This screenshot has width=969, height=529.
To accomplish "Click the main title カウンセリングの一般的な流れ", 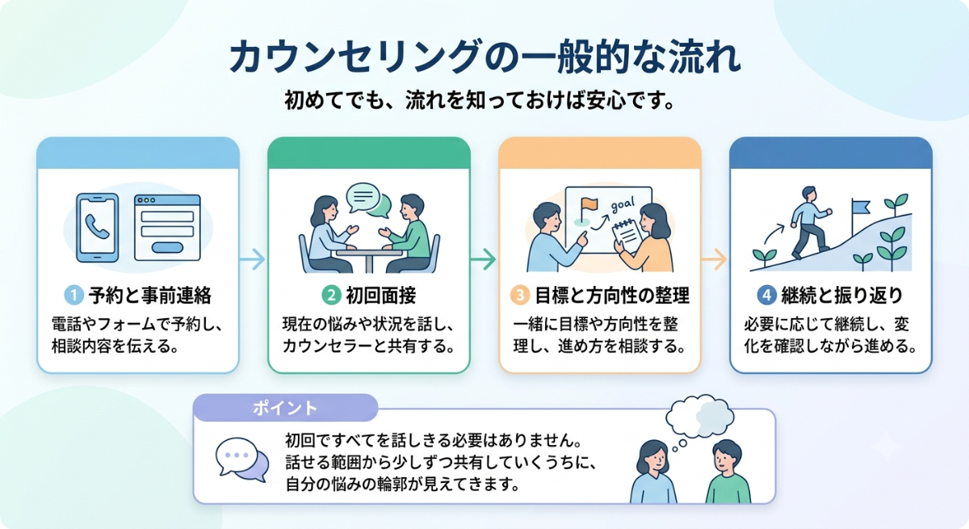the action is tap(484, 57).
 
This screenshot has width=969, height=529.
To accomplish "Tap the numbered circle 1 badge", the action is tap(73, 296).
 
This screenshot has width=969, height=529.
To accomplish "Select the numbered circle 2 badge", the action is tap(331, 296).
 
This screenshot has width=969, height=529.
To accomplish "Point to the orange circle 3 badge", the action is tap(519, 296).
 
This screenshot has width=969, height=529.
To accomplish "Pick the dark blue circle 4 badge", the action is tap(767, 296).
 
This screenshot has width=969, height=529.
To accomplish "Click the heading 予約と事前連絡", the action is tap(150, 296).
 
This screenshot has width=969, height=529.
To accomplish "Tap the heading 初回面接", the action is tap(380, 296).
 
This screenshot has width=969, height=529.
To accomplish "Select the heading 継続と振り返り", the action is tap(841, 296).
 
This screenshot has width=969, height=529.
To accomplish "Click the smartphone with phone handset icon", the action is tap(98, 228).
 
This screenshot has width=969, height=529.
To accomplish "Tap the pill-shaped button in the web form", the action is tap(167, 247).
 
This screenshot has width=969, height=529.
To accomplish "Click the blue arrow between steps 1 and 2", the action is tap(253, 259).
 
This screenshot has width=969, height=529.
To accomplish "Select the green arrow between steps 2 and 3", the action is tap(484, 259).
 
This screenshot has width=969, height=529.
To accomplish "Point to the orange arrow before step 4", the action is tap(714, 259).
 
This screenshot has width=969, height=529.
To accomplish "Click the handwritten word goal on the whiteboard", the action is tap(623, 204).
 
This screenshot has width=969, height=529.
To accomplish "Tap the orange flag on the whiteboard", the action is tap(589, 204).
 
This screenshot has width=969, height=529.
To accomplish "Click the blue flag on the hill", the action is tap(860, 208).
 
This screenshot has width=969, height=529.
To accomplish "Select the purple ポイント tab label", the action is tap(285, 408).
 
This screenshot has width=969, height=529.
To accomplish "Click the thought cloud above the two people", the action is tap(699, 416).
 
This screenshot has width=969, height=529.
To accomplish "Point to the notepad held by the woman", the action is tap(627, 235).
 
